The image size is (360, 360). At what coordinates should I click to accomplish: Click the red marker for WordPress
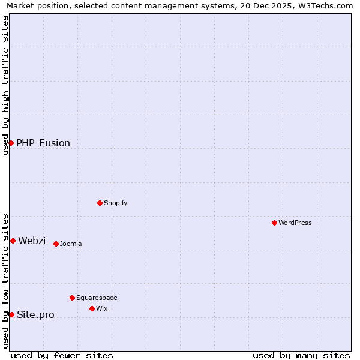(x=274, y=223)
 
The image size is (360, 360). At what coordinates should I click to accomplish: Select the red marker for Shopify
(x=100, y=203)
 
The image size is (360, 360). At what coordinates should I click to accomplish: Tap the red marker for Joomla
(x=56, y=244)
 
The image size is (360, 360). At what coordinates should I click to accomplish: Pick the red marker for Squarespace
(x=72, y=298)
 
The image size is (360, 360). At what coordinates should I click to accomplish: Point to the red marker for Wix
(x=92, y=308)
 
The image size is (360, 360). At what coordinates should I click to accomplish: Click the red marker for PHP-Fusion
(x=11, y=143)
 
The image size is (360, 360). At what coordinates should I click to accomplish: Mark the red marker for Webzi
(x=13, y=241)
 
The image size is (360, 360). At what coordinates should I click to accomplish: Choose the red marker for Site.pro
(x=11, y=314)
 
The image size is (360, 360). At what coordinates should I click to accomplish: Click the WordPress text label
(x=295, y=223)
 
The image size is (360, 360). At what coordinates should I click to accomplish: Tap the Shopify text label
(x=116, y=203)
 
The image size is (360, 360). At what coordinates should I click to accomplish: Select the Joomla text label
(x=71, y=244)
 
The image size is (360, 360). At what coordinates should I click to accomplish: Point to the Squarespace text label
(x=97, y=298)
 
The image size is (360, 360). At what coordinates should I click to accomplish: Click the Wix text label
(x=102, y=308)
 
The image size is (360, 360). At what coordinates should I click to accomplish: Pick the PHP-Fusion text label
(x=43, y=143)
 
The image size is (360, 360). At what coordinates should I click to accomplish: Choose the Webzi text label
(x=32, y=241)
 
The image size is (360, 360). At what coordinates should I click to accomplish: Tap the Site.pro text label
(x=35, y=314)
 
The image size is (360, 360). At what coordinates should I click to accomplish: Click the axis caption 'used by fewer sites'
(x=62, y=355)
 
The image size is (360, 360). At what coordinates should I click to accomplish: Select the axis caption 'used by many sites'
(x=301, y=355)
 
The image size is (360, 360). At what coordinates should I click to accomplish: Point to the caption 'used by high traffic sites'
(x=5, y=85)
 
